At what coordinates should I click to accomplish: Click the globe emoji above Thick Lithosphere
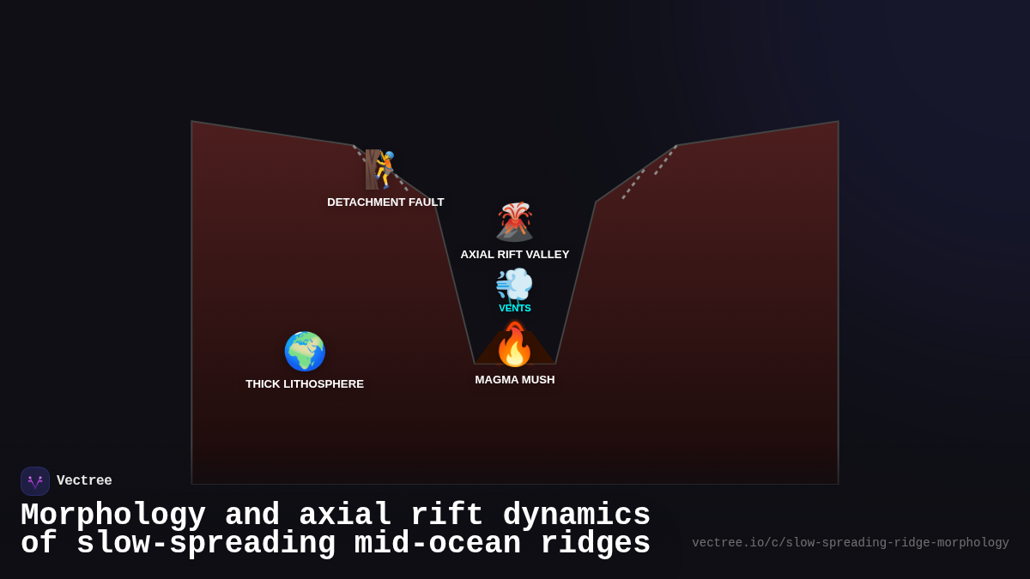pos(305,352)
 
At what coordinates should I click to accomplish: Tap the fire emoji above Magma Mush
pos(515,345)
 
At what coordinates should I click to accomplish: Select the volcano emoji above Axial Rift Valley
pos(515,222)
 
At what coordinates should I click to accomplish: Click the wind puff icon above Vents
pos(514,284)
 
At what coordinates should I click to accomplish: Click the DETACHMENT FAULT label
pos(385,202)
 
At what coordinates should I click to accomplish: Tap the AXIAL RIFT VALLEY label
pos(515,255)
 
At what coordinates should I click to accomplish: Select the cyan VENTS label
pos(515,308)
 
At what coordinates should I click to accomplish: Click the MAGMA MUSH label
pos(515,380)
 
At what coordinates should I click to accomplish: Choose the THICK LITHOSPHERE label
pos(305,384)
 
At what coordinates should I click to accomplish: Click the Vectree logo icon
pos(35,481)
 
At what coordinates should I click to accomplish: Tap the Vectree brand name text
pos(84,481)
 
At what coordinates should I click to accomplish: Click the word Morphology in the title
pos(113,516)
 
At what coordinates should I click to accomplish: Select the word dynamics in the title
pos(577,516)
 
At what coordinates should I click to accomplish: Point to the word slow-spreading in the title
pos(206,544)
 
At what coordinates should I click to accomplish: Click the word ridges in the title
pos(596,544)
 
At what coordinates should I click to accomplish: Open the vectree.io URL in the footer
pos(850,543)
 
